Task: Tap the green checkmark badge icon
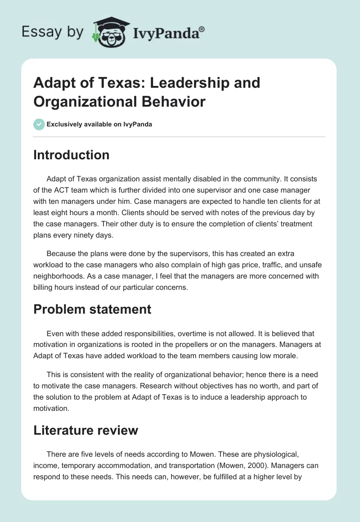pyautogui.click(x=39, y=124)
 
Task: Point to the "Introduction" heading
pyautogui.click(x=72, y=155)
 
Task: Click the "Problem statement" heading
pyautogui.click(x=92, y=310)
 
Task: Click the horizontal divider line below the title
pyautogui.click(x=180, y=136)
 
